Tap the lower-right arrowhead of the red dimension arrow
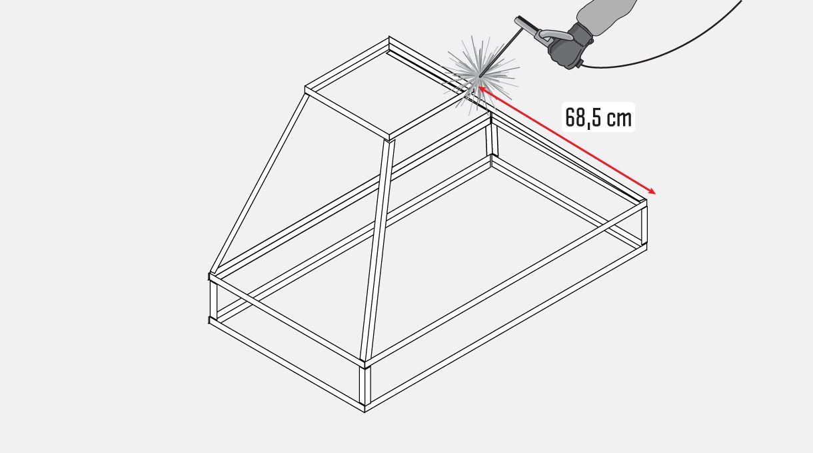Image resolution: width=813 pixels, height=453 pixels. tap(652, 192)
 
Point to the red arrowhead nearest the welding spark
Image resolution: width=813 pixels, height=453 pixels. tap(482, 89)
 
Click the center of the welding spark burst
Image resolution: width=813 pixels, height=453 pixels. tap(479, 76)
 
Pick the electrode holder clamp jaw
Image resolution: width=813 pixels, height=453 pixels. tap(527, 25)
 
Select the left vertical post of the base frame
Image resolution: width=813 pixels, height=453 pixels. tap(213, 300)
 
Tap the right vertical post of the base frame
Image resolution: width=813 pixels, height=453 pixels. tap(644, 225)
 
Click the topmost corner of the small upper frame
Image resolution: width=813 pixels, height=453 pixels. tap(389, 37)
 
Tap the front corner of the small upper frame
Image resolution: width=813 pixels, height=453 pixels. tap(389, 139)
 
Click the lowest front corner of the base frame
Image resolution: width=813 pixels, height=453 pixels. tap(365, 412)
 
